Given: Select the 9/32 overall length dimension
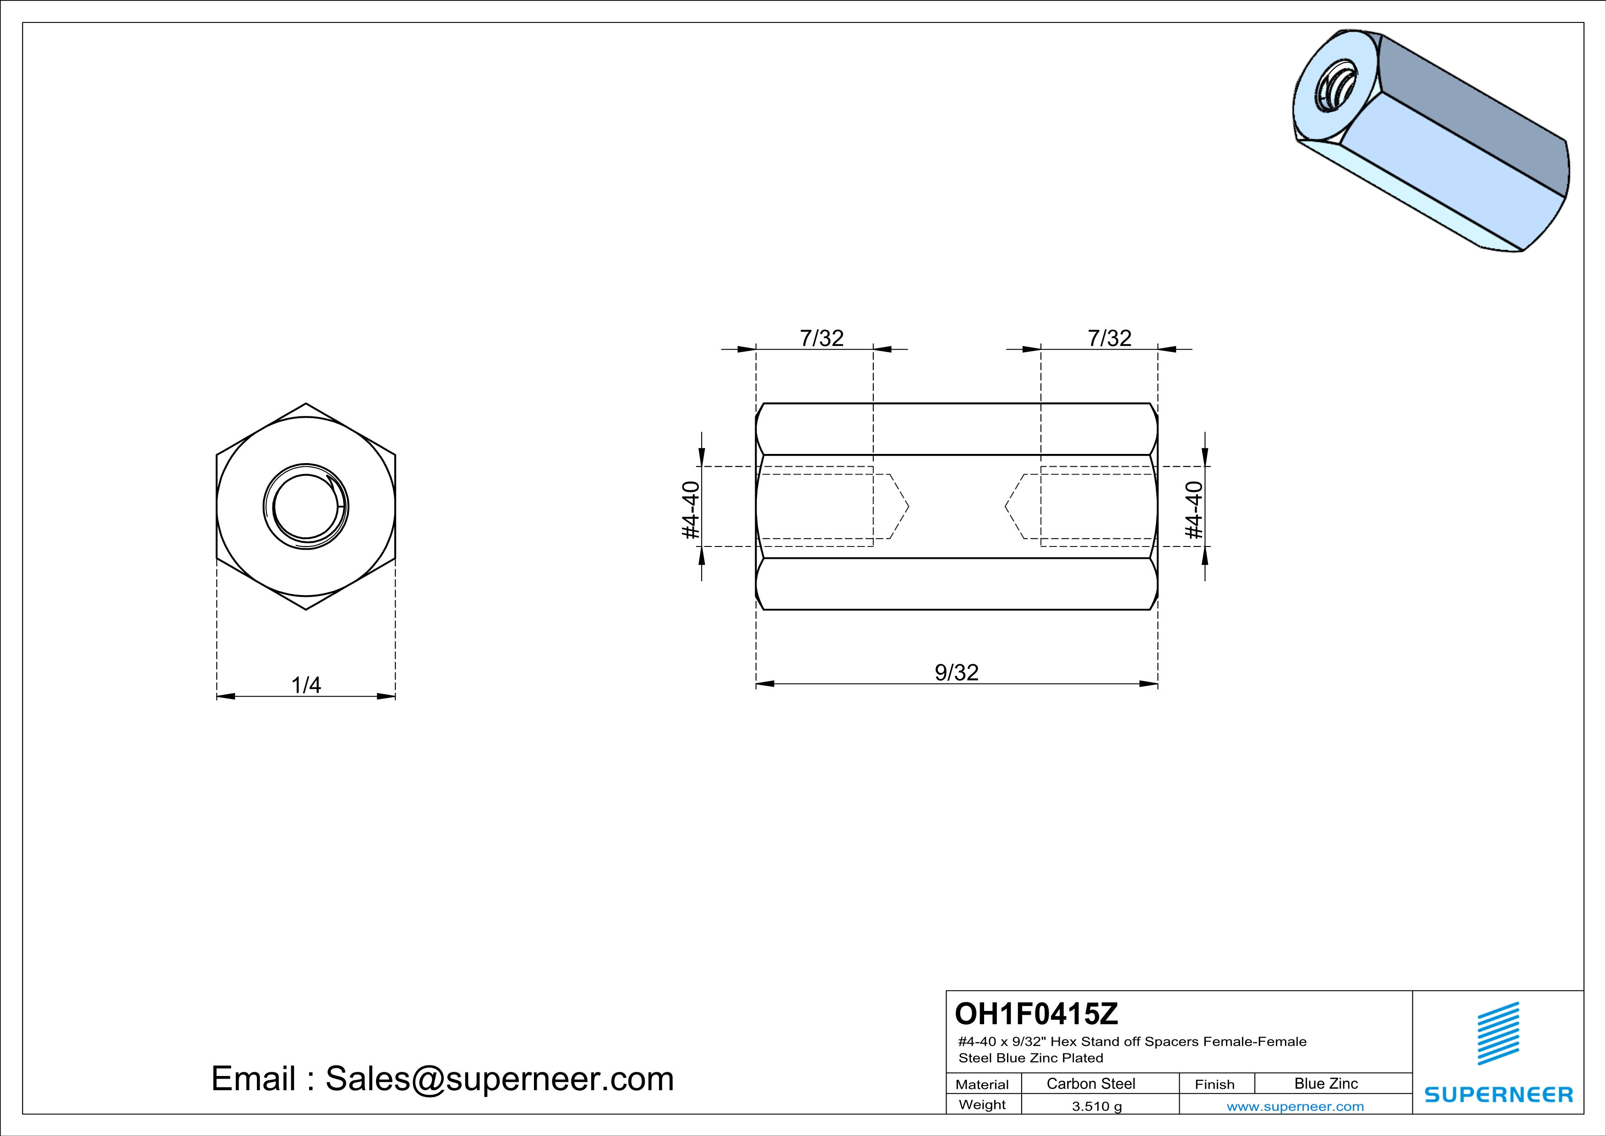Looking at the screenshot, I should pos(956,673).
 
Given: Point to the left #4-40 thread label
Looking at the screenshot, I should pos(691,510).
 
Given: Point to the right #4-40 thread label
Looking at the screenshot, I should pos(1194,510).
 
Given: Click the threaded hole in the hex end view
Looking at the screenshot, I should pos(305,507).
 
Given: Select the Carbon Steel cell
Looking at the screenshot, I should pos(1090,1083).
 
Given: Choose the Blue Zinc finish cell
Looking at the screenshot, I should pos(1325,1083).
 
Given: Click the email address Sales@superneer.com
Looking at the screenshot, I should pos(500,1079).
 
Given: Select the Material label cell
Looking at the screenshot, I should pos(982,1084).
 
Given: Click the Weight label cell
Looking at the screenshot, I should pos(982,1104).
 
